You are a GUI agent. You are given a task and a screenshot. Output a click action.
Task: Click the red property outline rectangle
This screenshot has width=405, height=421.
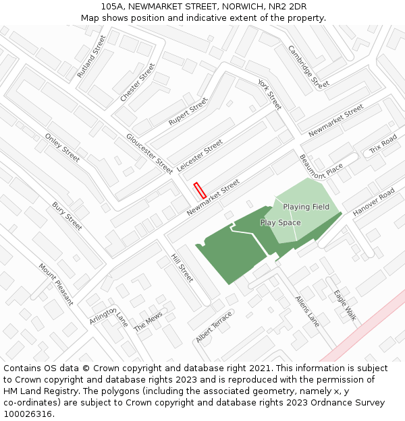pyautogui.click(x=199, y=190)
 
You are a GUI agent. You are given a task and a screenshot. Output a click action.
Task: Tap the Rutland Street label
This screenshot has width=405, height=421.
pyautogui.click(x=92, y=56)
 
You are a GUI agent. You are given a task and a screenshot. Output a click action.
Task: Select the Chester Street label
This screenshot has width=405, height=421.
pyautogui.click(x=138, y=83)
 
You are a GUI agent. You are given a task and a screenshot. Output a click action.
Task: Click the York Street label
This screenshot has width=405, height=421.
pyautogui.click(x=269, y=94)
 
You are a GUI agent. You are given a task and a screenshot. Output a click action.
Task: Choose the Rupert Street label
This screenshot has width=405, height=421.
pyautogui.click(x=188, y=111)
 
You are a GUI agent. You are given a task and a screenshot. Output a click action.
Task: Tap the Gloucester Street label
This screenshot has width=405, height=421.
pyautogui.click(x=149, y=154)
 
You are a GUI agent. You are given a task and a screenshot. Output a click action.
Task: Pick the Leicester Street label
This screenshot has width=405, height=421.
pyautogui.click(x=200, y=155)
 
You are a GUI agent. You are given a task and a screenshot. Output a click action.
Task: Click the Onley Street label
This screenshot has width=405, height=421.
pyautogui.click(x=62, y=148)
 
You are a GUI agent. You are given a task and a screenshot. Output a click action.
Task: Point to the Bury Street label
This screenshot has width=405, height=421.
pyautogui.click(x=67, y=216)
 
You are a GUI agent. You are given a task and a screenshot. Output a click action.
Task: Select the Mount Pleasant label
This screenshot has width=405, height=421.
pyautogui.click(x=55, y=284)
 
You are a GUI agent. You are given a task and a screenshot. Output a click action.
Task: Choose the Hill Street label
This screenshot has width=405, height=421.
pyautogui.click(x=182, y=268)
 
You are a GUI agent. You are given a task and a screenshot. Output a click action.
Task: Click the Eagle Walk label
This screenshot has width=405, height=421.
pyautogui.click(x=344, y=304)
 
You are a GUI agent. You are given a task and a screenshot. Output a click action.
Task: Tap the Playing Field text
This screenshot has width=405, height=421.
pyautogui.click(x=306, y=207)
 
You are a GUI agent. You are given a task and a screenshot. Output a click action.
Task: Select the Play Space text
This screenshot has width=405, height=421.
pyautogui.click(x=280, y=222)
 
